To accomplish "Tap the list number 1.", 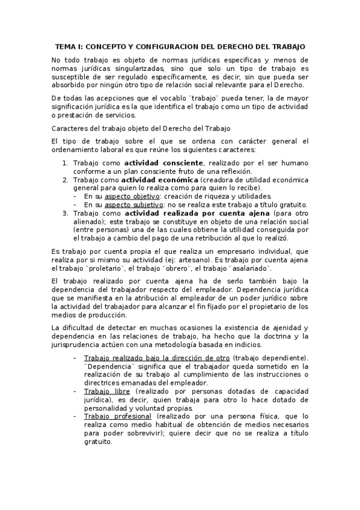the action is pyautogui.click(x=66, y=163).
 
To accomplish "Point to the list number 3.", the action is pyautogui.click(x=66, y=213).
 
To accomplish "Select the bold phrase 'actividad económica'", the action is pyautogui.click(x=159, y=180).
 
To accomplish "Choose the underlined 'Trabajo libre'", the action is pyautogui.click(x=103, y=391).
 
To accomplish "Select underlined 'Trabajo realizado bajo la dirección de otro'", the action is pyautogui.click(x=157, y=358).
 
